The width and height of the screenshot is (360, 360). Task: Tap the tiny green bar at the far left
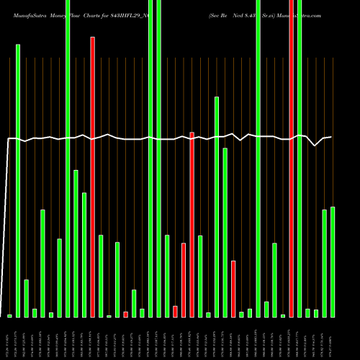[10, 315]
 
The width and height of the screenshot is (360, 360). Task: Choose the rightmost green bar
[333, 262]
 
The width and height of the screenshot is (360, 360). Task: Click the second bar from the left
[18, 180]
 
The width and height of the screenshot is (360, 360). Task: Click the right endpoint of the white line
[331, 137]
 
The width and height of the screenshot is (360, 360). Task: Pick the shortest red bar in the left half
[125, 314]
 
